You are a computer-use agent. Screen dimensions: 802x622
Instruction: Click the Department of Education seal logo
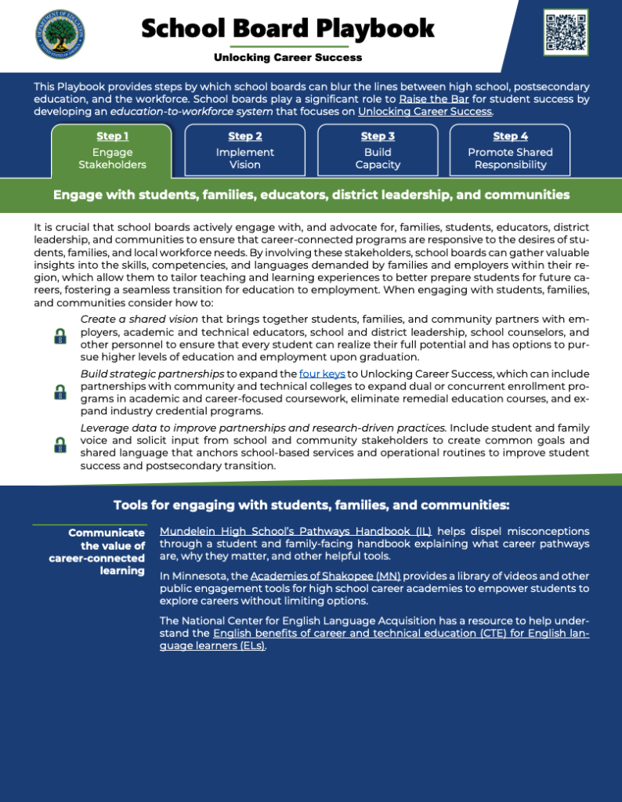point(60,34)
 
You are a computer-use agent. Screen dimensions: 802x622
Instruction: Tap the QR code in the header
point(566,32)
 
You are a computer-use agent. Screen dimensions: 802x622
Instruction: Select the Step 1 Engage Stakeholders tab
point(111,150)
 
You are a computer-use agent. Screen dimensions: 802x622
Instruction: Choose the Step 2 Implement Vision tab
point(245,150)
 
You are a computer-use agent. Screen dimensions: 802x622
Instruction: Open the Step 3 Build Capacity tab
point(378,150)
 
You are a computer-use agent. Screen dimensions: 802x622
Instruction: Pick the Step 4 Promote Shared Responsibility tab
point(510,150)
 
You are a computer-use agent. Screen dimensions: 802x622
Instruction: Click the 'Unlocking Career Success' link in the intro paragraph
point(425,111)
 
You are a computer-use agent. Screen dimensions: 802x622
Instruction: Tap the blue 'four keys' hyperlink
point(322,374)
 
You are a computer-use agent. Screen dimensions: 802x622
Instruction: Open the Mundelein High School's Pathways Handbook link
point(295,531)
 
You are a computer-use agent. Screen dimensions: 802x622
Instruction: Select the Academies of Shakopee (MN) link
point(325,576)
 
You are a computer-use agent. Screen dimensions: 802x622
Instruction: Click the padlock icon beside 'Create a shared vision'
point(60,337)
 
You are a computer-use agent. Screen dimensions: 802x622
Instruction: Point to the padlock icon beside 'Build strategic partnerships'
point(60,392)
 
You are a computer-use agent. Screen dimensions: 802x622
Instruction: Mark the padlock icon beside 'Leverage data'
point(60,446)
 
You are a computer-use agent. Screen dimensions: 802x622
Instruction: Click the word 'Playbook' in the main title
point(374,29)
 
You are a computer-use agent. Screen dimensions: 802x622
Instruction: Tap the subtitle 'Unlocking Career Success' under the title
point(288,58)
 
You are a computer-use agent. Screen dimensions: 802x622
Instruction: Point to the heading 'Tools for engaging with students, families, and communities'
point(311,505)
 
